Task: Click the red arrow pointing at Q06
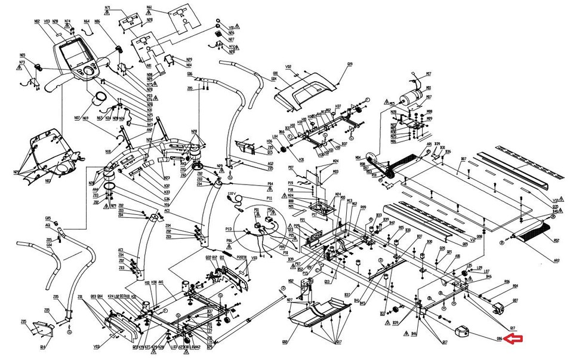514,339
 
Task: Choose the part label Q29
350,64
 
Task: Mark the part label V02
288,67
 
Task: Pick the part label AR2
556,260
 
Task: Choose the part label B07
463,159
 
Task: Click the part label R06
507,281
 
